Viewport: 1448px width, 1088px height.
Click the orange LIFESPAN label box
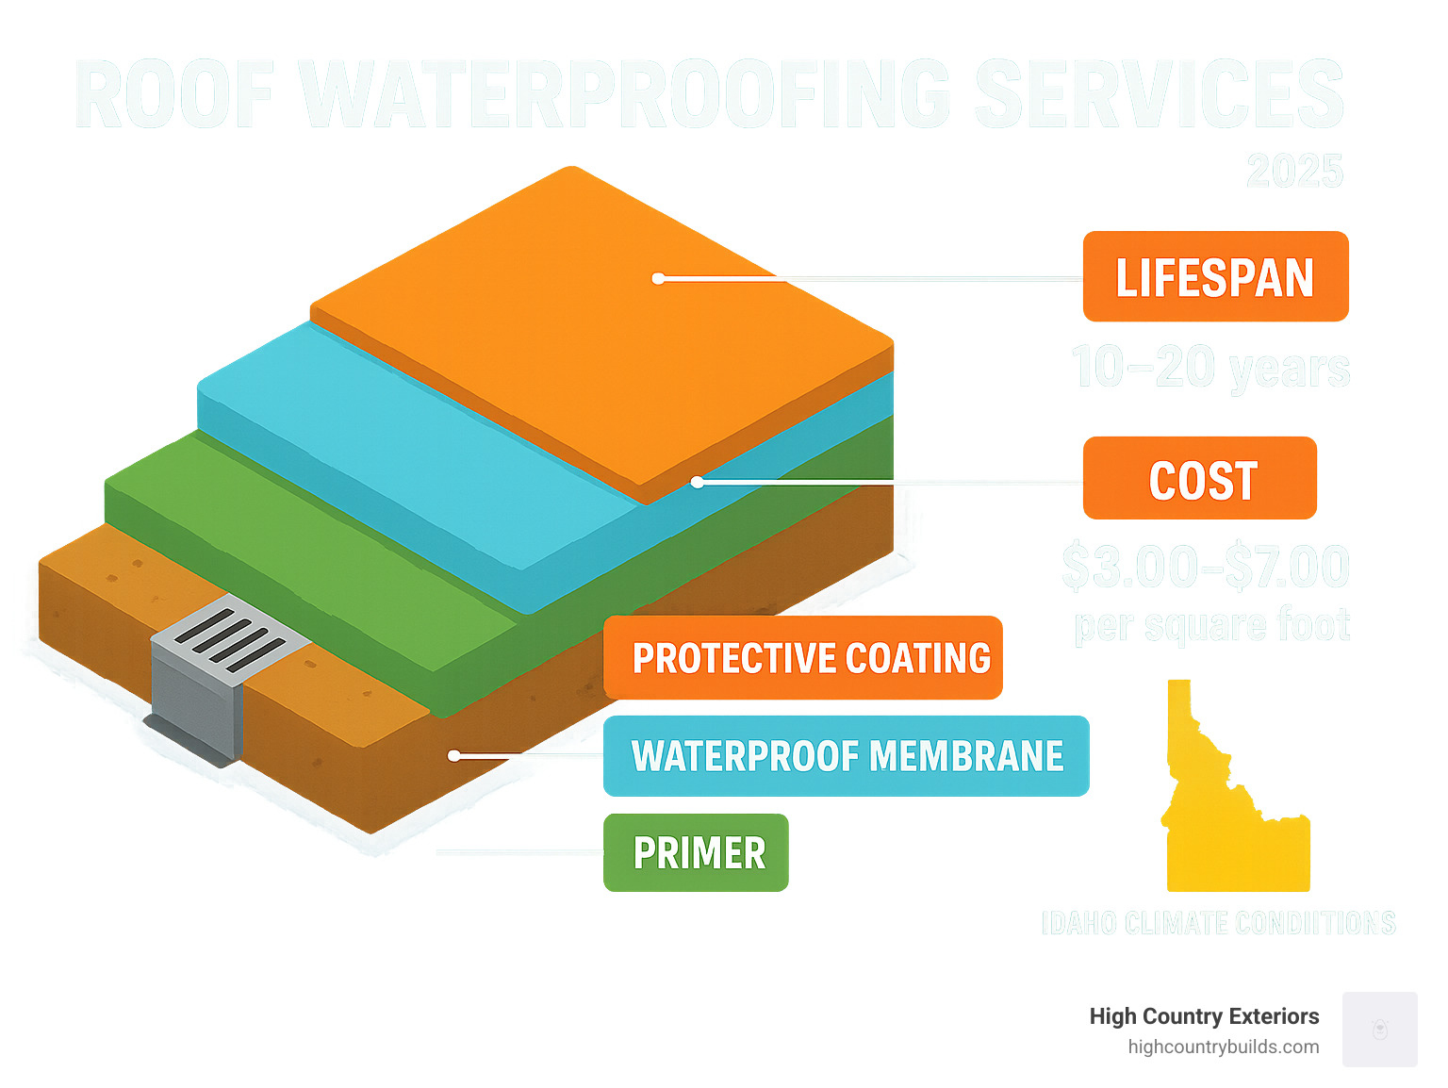1215,276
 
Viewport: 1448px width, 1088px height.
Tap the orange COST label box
1199,478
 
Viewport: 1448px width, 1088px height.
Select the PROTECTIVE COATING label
802,658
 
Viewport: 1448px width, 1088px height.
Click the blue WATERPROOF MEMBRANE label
846,756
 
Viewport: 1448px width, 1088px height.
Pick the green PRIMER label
696,852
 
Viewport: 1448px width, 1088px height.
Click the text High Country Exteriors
1204,1016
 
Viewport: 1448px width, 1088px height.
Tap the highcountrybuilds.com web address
1223,1047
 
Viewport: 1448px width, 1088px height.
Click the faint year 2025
1294,172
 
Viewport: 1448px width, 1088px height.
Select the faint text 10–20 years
1210,368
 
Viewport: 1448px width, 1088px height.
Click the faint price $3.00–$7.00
1206,567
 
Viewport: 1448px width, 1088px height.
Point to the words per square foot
1211,625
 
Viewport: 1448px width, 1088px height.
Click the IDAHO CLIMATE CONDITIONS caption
1218,923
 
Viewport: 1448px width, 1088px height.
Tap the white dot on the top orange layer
659,278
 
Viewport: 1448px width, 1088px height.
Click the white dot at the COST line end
697,482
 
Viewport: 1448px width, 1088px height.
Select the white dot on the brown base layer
453,755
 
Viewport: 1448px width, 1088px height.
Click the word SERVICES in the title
1159,94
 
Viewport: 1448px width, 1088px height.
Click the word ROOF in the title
175,94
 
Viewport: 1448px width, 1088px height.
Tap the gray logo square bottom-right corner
1379,1029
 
